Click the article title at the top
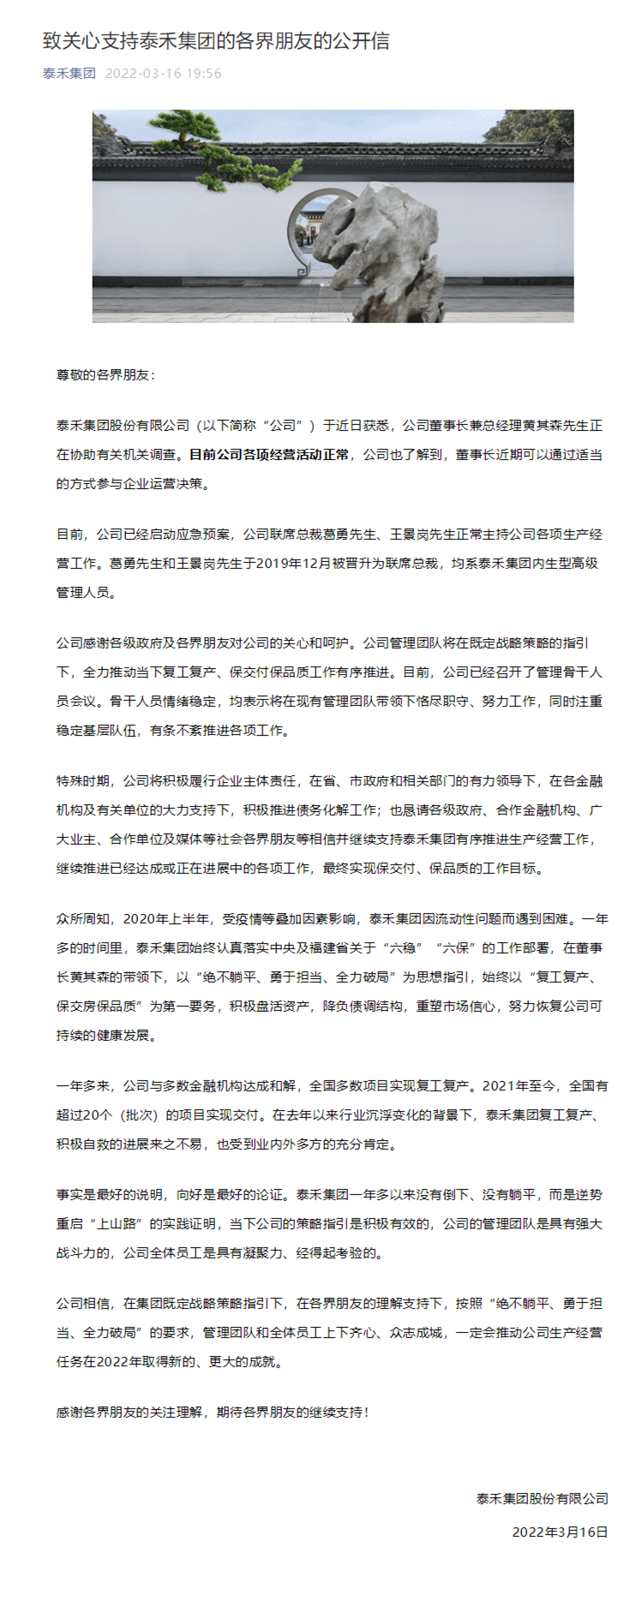pos(216,40)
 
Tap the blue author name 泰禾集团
pos(69,74)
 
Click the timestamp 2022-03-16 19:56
pos(163,74)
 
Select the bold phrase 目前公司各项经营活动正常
pos(269,454)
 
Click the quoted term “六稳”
pos(405,947)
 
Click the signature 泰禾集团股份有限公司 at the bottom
pos(542,1498)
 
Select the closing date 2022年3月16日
pos(560,1532)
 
